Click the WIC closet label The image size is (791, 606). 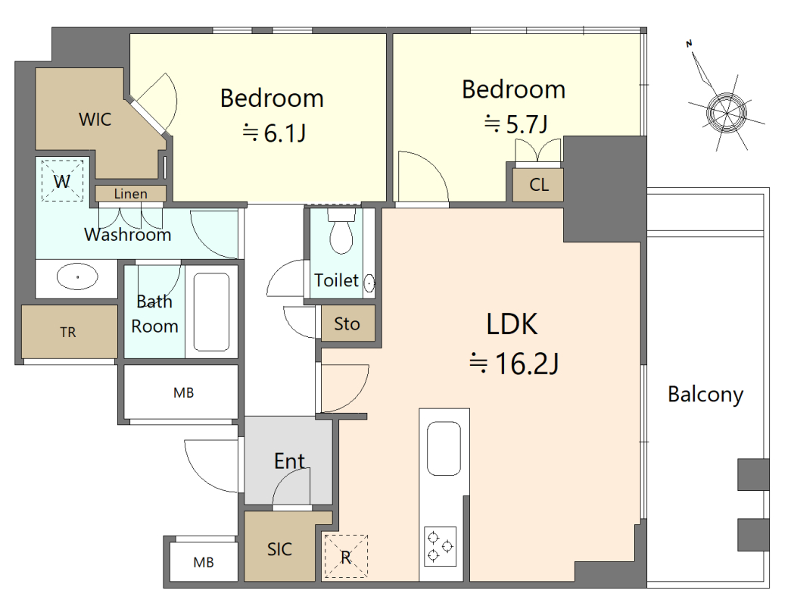[95, 120]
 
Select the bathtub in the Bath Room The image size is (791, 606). [211, 311]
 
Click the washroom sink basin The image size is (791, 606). [77, 276]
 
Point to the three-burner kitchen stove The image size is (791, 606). [440, 546]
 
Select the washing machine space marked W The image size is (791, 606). [62, 181]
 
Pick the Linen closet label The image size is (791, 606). [131, 194]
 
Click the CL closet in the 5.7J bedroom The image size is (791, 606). [538, 185]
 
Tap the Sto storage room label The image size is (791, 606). [347, 323]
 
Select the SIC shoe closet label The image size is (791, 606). [279, 549]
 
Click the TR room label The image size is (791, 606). [68, 333]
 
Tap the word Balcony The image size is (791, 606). [705, 395]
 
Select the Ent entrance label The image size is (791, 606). [290, 461]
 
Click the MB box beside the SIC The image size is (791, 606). [204, 562]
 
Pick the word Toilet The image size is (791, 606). [337, 280]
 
